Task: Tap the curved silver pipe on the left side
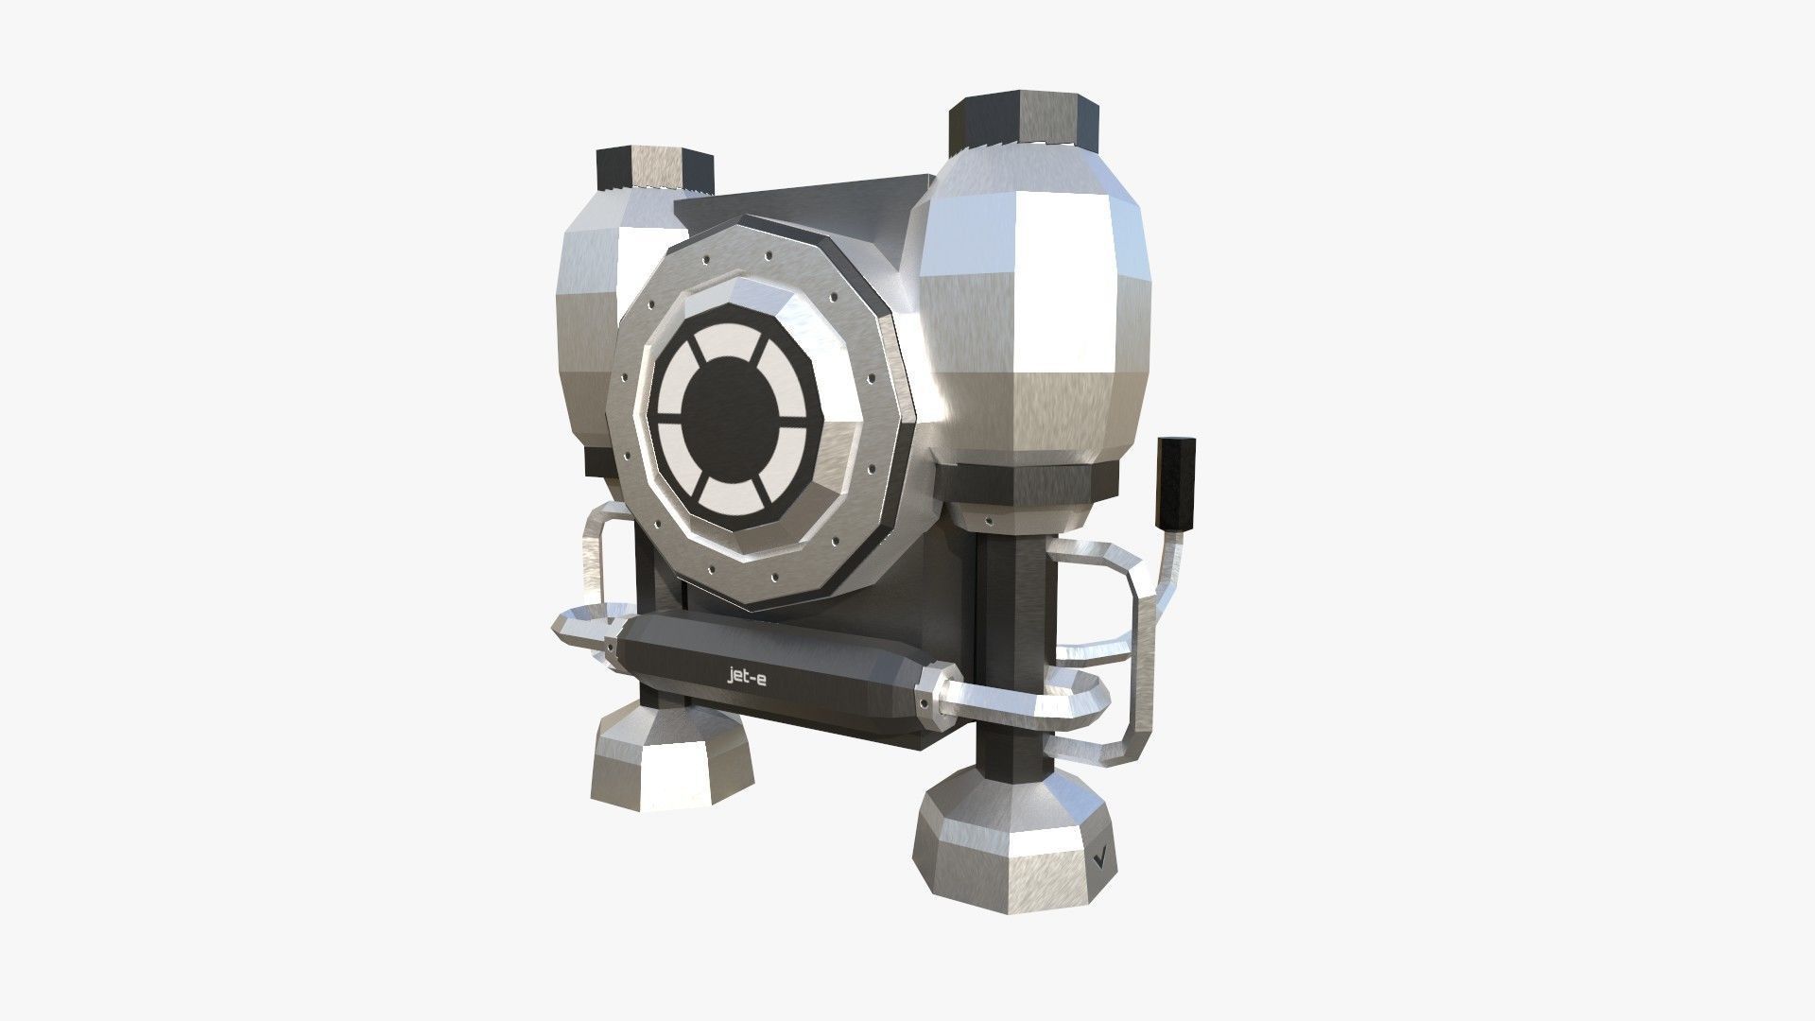(x=593, y=558)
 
